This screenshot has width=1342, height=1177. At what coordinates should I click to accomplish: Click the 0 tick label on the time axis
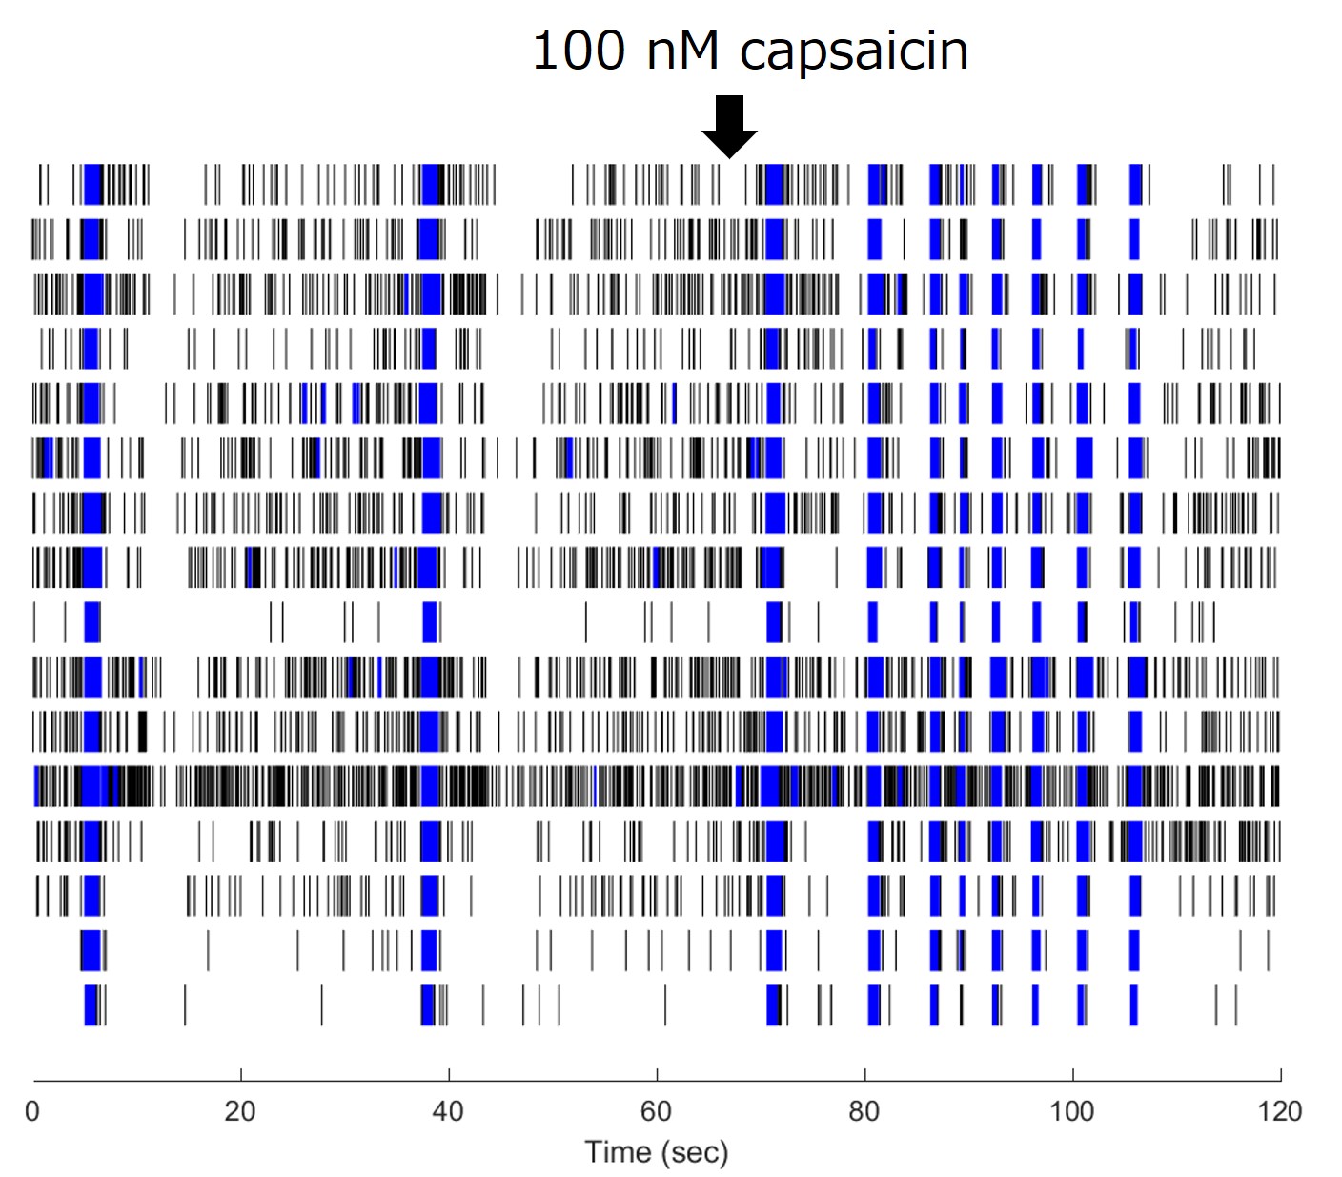tap(32, 1111)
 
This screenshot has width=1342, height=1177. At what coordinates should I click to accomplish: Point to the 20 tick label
tap(240, 1111)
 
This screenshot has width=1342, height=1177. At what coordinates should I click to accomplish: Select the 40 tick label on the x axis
tap(448, 1111)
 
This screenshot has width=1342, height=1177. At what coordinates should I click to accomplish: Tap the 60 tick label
tap(656, 1111)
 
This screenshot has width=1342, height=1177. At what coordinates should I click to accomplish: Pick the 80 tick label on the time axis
tap(864, 1111)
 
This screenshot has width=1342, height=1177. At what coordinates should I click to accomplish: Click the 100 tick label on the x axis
tap(1072, 1111)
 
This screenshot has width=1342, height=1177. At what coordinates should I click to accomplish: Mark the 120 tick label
tap(1280, 1111)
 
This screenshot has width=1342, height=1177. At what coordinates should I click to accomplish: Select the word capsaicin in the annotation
tap(854, 52)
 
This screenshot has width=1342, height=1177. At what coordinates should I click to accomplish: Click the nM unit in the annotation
tap(682, 51)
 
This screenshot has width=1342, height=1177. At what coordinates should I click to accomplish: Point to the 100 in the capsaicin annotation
tap(579, 51)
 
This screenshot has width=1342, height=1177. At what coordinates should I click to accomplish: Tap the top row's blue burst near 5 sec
tap(92, 184)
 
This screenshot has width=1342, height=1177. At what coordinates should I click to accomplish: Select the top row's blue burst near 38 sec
tap(432, 184)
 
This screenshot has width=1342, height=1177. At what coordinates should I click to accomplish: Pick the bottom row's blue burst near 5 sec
tap(91, 1005)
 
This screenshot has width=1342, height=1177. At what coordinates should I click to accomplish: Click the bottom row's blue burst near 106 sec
tap(1133, 1005)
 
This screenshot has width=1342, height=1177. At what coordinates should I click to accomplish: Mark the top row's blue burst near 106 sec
tap(1135, 184)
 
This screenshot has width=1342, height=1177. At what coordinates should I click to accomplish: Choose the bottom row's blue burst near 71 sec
tap(773, 1005)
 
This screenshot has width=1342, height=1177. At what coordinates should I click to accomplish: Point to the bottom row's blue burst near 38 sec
tap(428, 1005)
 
